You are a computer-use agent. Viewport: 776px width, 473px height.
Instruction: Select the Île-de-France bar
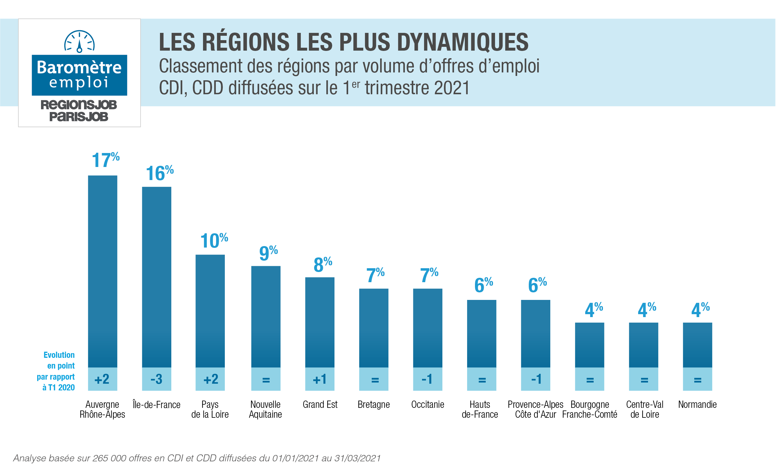(x=156, y=277)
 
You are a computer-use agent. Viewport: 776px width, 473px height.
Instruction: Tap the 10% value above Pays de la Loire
(x=214, y=241)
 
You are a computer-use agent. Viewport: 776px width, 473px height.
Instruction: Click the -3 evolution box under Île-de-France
(x=156, y=379)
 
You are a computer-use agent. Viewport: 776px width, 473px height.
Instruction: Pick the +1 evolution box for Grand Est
(x=320, y=379)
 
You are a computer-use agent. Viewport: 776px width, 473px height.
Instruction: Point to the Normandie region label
(x=697, y=405)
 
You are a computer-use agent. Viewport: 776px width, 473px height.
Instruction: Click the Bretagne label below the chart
(x=373, y=405)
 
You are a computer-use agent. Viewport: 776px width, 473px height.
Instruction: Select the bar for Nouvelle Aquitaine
(x=266, y=317)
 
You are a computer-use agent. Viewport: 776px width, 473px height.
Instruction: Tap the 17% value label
(x=106, y=160)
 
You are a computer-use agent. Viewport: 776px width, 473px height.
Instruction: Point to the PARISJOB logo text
(x=79, y=117)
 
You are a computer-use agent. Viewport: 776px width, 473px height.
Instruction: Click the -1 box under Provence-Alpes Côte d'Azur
(x=535, y=379)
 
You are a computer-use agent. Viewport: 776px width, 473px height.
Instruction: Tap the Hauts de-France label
(x=480, y=409)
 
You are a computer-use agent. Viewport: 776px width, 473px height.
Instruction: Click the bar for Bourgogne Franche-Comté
(x=590, y=345)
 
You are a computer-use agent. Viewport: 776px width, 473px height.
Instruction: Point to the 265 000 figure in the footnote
(x=109, y=458)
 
